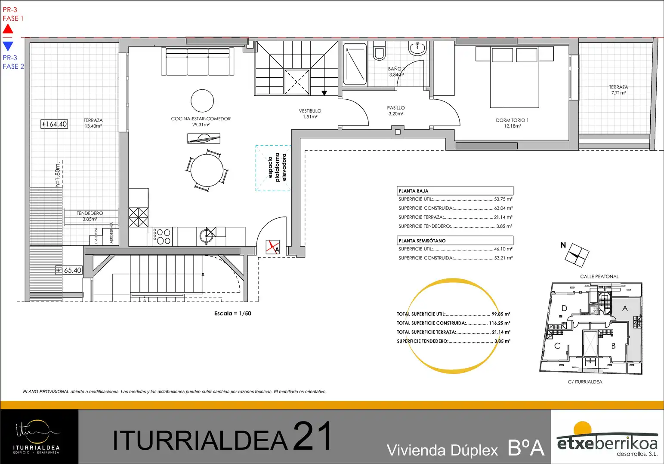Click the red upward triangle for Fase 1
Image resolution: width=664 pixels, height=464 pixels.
pos(8,29)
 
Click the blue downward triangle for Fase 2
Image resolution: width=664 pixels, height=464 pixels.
pos(8,46)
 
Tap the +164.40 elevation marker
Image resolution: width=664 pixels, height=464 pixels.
pos(54,124)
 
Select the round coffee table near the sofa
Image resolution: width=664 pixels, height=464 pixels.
pos(202,101)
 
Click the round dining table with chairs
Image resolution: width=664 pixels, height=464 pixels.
pos(207,171)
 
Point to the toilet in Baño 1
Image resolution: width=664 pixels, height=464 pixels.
pos(379,51)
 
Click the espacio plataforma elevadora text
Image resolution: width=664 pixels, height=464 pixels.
pos(277,167)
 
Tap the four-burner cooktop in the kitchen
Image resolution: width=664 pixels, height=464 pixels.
pos(162,236)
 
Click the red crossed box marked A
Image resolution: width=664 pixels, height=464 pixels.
pos(273,247)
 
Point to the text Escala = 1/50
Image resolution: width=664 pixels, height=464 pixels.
pos(233,313)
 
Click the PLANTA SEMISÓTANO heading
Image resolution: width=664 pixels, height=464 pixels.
pos(422,241)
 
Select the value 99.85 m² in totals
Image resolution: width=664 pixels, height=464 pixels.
pos(501,314)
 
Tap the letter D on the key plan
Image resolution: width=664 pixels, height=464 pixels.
pos(564,308)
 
